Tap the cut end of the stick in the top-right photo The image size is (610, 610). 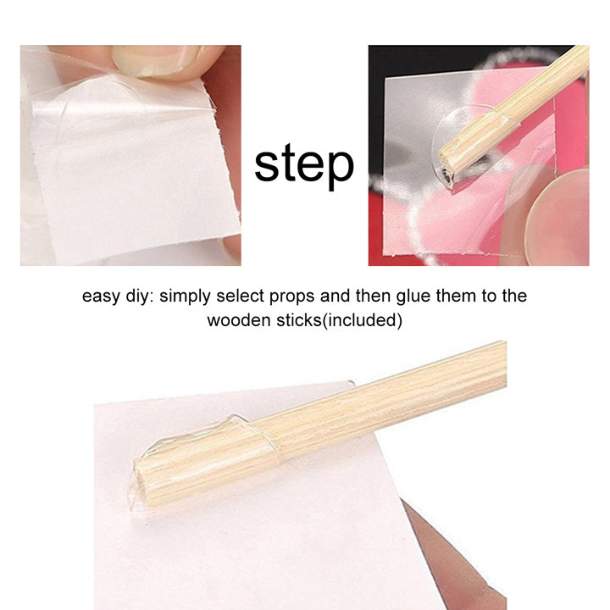[x=446, y=166]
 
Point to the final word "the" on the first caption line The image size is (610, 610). [x=514, y=296]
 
